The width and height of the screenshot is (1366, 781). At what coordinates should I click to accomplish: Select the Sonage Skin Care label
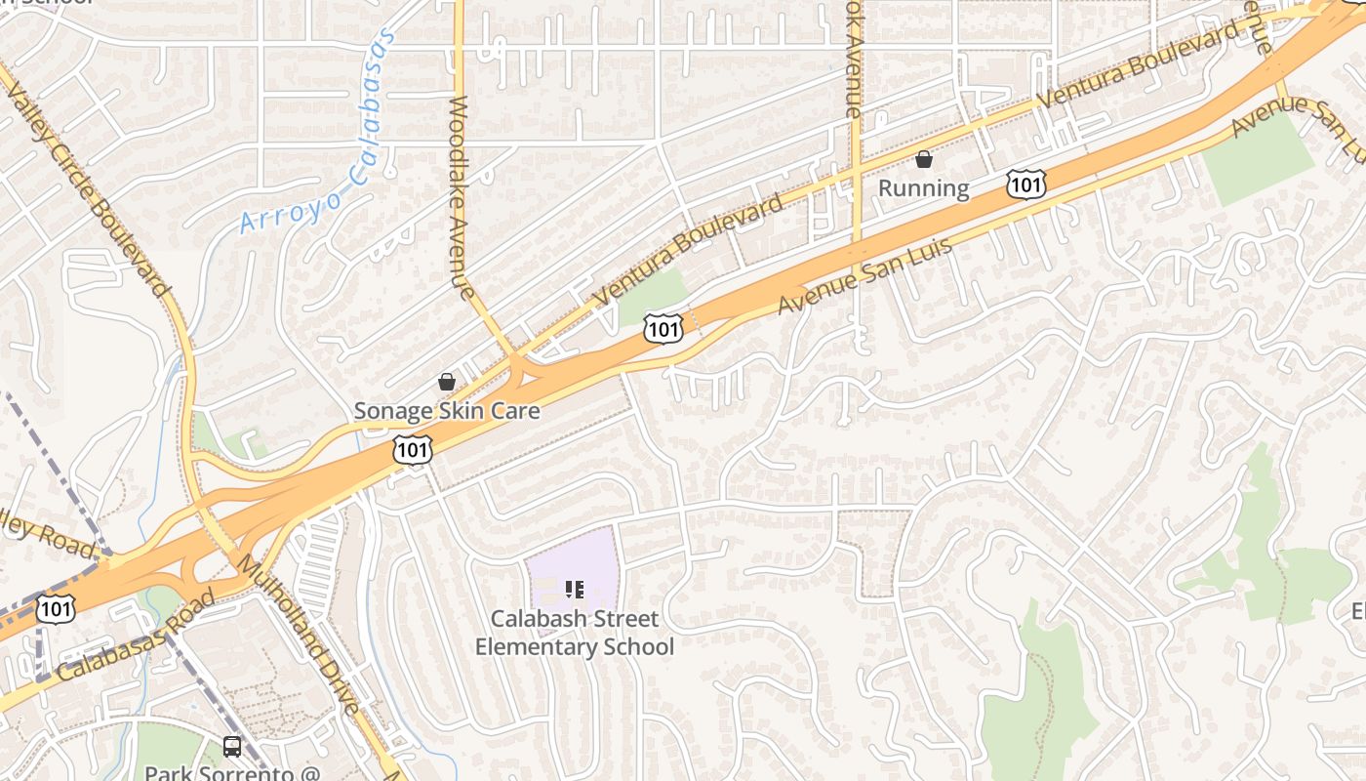point(447,411)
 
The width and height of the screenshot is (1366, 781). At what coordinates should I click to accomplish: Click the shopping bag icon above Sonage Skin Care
point(447,381)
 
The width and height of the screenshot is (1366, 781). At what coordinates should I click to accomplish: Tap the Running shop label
point(923,188)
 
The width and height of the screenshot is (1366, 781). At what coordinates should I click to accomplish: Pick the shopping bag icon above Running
point(923,158)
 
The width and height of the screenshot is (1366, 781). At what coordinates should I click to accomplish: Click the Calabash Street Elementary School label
point(574,633)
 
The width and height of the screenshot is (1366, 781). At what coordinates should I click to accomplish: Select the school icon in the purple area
point(574,589)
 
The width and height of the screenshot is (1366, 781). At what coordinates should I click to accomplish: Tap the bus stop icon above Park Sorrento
point(232,747)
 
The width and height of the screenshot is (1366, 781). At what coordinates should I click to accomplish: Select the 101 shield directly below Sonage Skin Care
point(413,450)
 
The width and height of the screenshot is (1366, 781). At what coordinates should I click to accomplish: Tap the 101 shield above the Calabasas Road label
point(55,609)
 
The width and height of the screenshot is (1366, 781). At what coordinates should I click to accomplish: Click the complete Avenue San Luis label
point(864,275)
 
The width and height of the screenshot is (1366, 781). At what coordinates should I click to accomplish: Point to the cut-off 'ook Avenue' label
point(854,59)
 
